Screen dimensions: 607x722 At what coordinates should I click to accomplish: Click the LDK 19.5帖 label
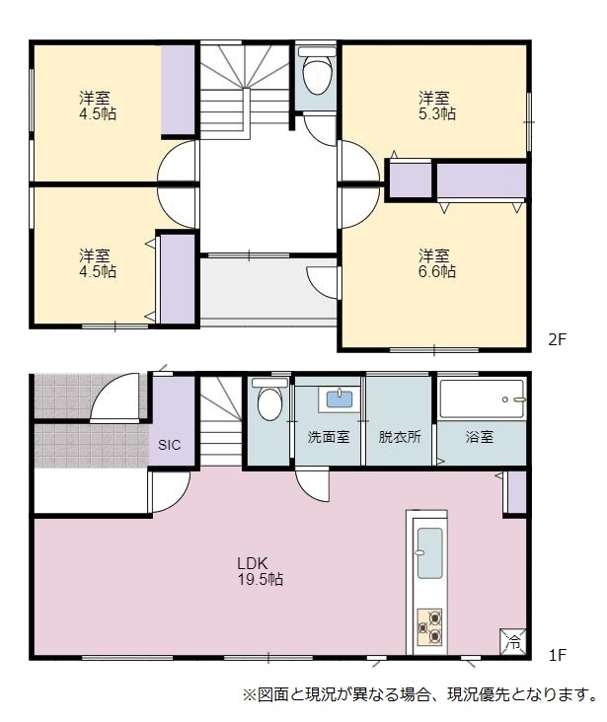point(260,570)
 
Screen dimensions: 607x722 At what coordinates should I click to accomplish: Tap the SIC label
point(169,445)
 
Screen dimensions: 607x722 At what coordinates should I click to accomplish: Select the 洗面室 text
point(328,437)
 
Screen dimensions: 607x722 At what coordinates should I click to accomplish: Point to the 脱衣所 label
point(400,437)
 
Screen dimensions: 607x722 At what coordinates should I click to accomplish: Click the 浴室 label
point(480,437)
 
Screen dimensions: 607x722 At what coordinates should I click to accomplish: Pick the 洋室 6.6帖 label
point(437,263)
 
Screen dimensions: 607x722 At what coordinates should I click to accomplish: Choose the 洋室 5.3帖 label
point(437,106)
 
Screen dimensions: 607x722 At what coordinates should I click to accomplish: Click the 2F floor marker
point(557,339)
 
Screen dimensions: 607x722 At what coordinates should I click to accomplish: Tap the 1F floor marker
point(557,654)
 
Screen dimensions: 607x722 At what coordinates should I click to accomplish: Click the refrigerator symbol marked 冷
point(512,641)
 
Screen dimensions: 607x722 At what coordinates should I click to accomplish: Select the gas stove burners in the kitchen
point(429,626)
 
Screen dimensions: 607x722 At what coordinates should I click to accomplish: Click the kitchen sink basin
point(429,552)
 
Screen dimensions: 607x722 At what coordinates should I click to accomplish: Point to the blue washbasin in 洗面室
point(340,398)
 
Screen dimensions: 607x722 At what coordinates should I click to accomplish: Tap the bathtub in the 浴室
point(482,399)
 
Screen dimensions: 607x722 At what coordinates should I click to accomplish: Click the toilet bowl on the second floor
point(317,74)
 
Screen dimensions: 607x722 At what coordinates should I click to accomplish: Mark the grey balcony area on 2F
point(268,287)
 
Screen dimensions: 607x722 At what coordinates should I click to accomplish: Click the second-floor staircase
point(244,91)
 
